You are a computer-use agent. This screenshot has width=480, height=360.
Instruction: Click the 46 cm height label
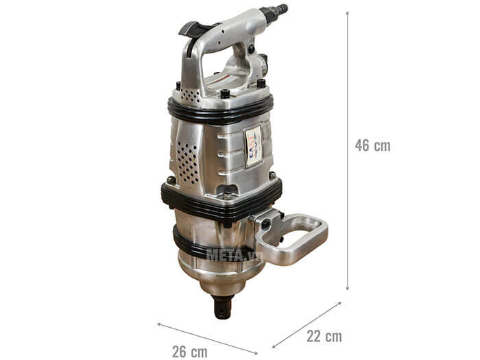click(x=372, y=145)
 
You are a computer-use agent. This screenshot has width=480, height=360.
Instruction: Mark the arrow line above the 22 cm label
click(x=307, y=325)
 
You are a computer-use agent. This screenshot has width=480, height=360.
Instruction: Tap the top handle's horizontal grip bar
click(x=230, y=27)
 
